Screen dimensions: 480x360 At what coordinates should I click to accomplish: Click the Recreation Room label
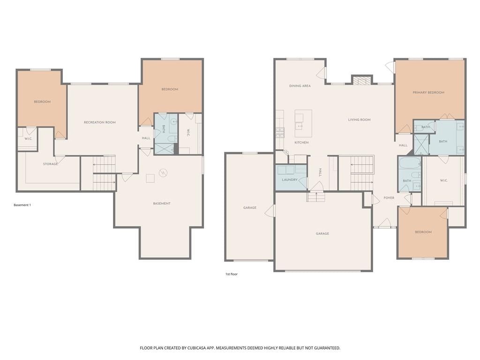[x=100, y=122]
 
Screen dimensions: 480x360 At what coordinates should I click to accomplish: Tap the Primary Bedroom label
[x=428, y=92]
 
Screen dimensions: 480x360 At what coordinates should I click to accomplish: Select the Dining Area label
[x=300, y=86]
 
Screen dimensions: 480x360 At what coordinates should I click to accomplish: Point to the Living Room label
[x=359, y=120]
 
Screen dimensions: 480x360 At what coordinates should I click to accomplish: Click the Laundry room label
[x=290, y=180]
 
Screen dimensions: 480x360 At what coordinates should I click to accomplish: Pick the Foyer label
[x=389, y=198]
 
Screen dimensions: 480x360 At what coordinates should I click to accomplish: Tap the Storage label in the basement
[x=50, y=164]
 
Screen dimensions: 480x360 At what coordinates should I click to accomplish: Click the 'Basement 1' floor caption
[x=22, y=205]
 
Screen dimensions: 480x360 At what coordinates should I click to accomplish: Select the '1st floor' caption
[x=232, y=274]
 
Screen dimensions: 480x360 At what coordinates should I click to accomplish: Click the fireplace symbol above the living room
[x=362, y=80]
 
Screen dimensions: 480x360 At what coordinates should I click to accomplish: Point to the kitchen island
[x=303, y=124]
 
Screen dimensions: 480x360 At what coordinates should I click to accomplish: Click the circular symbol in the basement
[x=163, y=173]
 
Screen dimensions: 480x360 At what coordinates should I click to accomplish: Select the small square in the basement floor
[x=150, y=179]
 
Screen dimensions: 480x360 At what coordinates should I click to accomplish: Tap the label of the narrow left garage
[x=250, y=208]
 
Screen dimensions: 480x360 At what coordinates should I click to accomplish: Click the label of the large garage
[x=322, y=234]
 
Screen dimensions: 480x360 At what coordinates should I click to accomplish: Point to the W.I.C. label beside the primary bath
[x=444, y=180]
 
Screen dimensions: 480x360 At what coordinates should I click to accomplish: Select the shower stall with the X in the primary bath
[x=421, y=144]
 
